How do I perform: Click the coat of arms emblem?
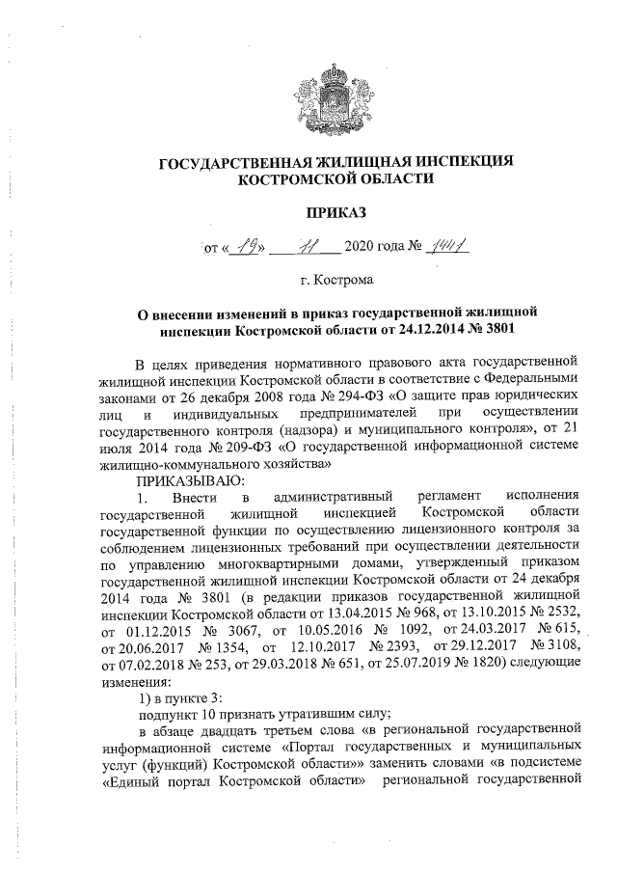tap(335, 90)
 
